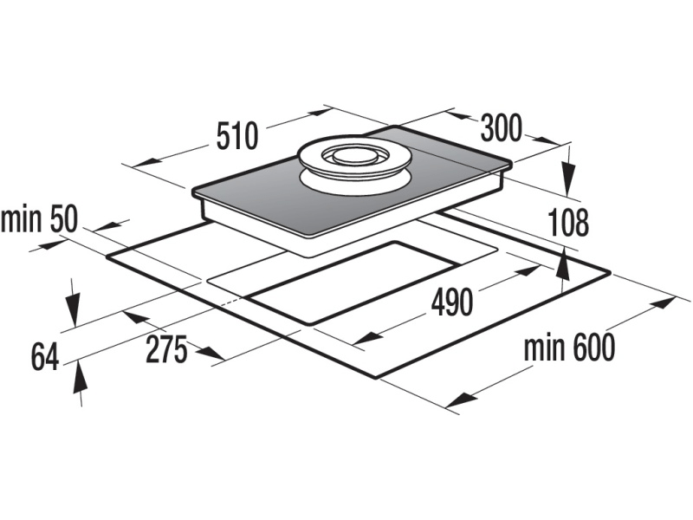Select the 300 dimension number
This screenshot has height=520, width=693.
502,128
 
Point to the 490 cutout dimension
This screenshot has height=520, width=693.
451,302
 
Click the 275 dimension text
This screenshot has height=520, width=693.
165,351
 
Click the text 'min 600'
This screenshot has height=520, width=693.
569,348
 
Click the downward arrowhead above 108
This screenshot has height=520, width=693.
568,183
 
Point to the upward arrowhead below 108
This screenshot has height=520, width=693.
564,260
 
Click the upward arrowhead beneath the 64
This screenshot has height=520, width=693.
79,374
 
